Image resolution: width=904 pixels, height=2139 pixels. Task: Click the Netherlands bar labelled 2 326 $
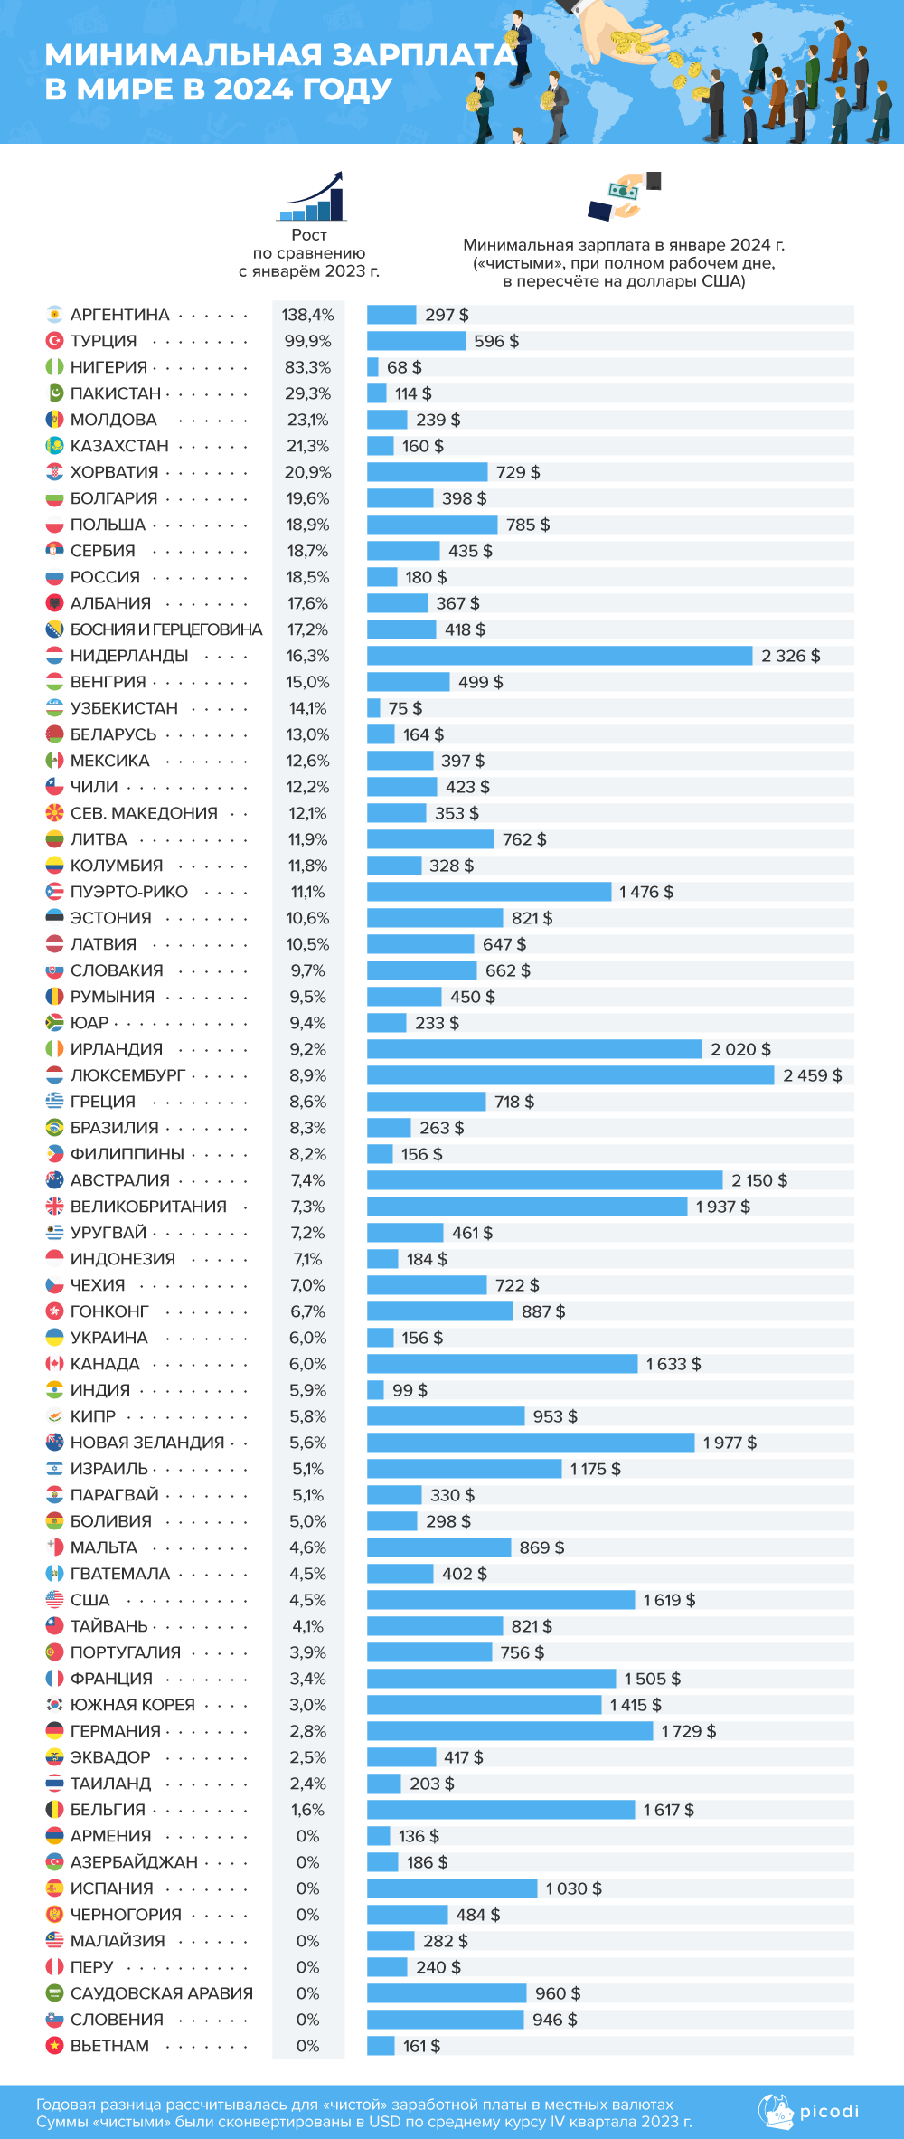(560, 656)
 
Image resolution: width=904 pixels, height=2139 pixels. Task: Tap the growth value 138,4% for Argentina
(307, 315)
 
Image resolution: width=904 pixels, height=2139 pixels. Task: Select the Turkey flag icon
(54, 341)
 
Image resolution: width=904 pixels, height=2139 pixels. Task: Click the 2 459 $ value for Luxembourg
(812, 1075)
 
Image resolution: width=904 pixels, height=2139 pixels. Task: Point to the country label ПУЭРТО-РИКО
(129, 892)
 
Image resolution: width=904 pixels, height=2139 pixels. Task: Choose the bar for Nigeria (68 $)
(372, 367)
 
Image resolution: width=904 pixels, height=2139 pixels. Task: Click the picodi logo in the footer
(809, 2112)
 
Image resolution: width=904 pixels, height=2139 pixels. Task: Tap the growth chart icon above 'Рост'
(312, 196)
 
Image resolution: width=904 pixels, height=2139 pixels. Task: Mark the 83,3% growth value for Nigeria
(307, 367)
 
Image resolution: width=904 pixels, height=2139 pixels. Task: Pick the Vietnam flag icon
(54, 2046)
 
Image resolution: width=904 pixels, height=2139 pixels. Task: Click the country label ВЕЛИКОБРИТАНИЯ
(148, 1207)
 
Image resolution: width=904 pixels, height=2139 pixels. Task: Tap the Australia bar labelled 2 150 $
(544, 1180)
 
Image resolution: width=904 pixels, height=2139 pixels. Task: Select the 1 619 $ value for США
(669, 1600)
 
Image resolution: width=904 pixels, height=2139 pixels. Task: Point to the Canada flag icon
(54, 1364)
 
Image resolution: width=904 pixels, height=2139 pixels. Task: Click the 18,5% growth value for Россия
(307, 577)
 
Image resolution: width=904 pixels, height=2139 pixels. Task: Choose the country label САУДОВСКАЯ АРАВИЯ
(162, 1993)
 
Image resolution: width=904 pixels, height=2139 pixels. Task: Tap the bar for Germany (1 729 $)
(510, 1731)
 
